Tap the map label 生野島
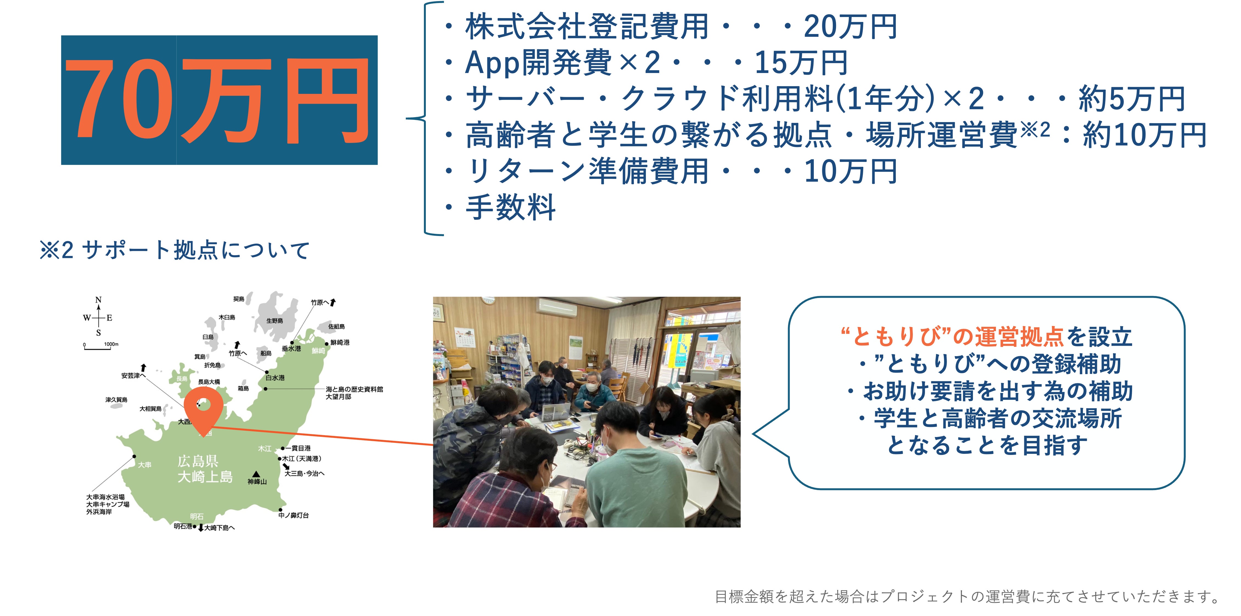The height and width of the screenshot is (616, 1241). tap(275, 321)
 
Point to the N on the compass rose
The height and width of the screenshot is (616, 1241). tap(98, 300)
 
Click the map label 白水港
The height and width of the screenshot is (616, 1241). tap(275, 378)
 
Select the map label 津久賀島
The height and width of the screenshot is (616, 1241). tap(117, 400)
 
